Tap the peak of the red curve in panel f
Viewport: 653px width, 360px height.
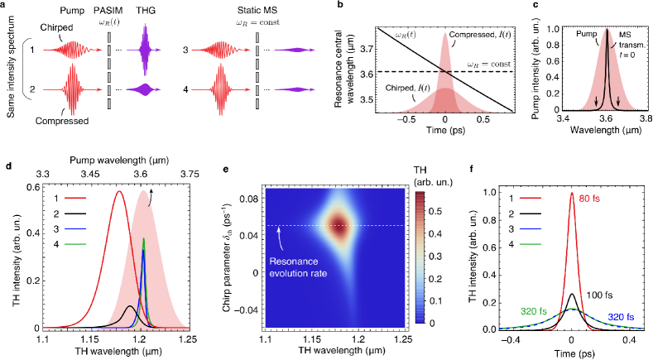572,194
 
